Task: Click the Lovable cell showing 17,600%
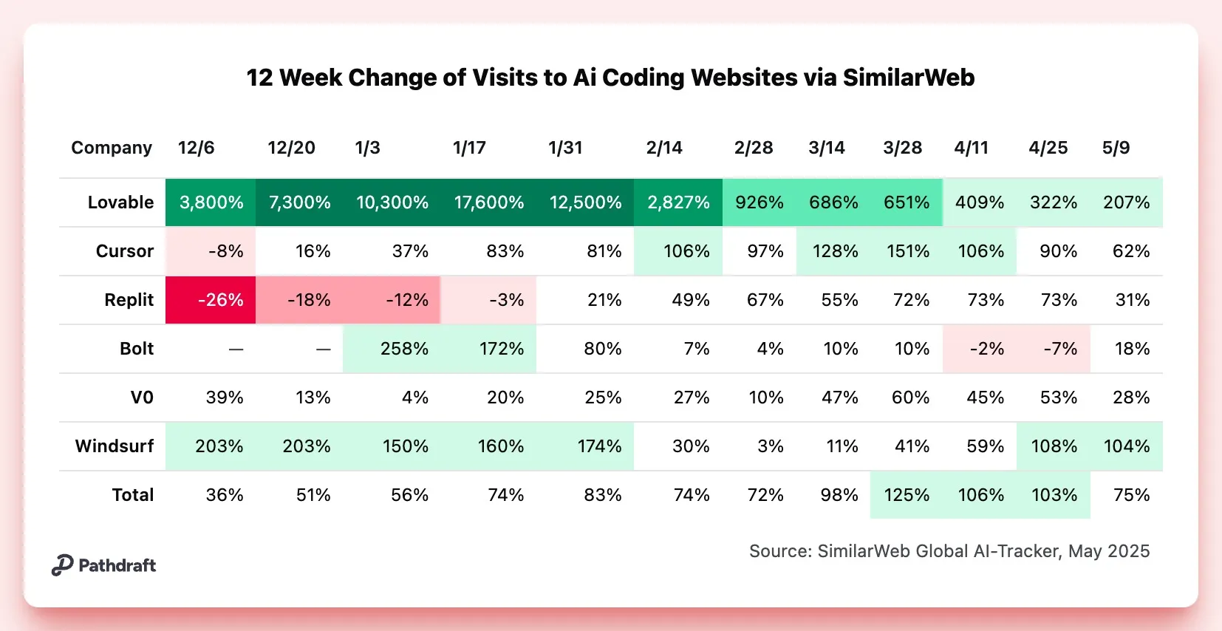tap(488, 202)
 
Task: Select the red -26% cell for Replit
tap(219, 300)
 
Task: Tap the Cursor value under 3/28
tap(907, 251)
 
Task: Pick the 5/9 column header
tap(1116, 148)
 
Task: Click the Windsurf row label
tap(115, 446)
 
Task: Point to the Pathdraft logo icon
tap(62, 565)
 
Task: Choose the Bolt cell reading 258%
tap(404, 349)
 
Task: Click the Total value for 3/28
tap(907, 495)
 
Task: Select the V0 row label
tap(142, 398)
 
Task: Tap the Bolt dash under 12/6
tap(236, 349)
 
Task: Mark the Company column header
tap(112, 148)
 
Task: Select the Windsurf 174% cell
tap(599, 446)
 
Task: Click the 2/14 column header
tap(663, 148)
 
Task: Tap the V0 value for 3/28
tap(909, 398)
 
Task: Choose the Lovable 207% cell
tap(1126, 202)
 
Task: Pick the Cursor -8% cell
tap(225, 251)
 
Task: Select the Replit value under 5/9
tap(1132, 300)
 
